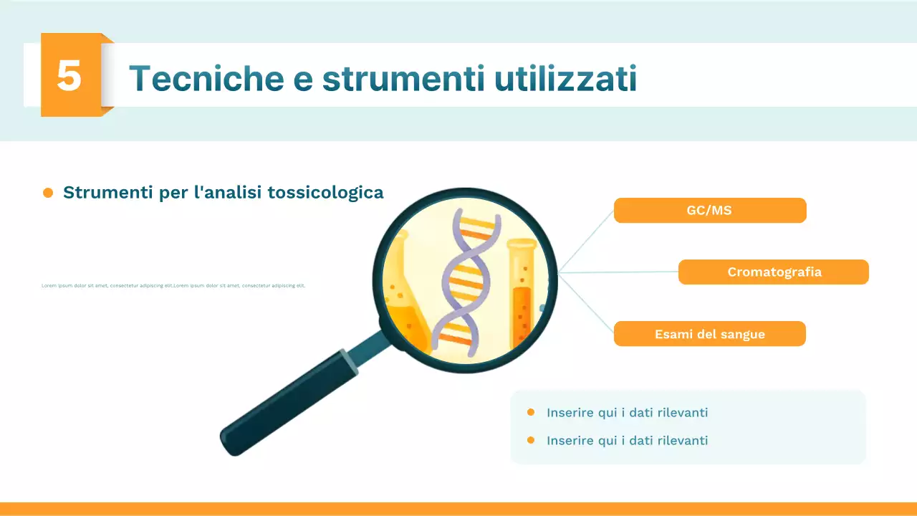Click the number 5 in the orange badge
click(69, 75)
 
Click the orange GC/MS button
click(709, 211)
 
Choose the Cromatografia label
click(774, 272)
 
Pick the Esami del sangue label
click(709, 334)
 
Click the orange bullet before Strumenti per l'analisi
click(48, 193)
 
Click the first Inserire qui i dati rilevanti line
click(627, 413)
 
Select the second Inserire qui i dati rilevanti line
click(627, 440)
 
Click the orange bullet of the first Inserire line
click(531, 412)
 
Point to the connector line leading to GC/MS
click(587, 240)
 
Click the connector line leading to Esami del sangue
click(587, 304)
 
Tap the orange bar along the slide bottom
click(458, 509)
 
